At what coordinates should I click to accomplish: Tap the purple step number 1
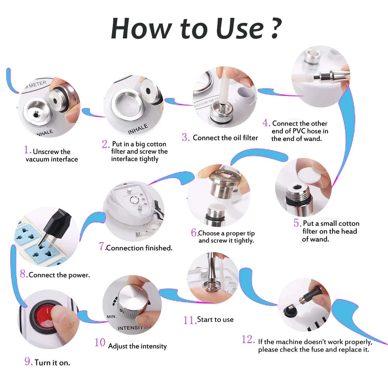(x=27, y=150)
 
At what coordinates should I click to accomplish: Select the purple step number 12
(x=248, y=339)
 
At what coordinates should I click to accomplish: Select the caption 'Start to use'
(x=215, y=319)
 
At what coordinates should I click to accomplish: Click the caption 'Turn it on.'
(x=52, y=362)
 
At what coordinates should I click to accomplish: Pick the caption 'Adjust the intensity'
(x=137, y=346)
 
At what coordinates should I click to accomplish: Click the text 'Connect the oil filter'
(x=225, y=138)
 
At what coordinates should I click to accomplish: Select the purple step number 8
(x=23, y=275)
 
